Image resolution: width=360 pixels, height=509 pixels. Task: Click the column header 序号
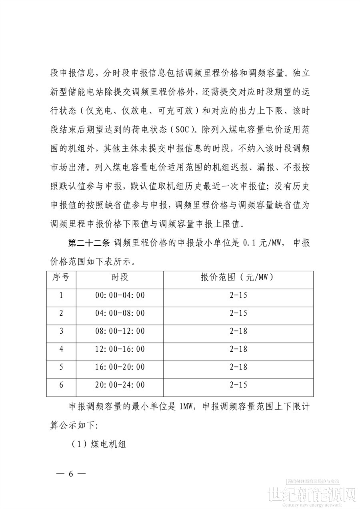(61, 278)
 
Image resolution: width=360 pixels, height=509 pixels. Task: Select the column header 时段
(120, 278)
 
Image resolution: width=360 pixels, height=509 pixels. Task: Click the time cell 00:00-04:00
(120, 296)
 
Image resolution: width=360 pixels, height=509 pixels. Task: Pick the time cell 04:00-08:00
(120, 313)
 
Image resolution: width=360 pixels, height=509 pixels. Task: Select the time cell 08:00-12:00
(120, 331)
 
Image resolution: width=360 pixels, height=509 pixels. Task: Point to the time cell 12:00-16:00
(120, 349)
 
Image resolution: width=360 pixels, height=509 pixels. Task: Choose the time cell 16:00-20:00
(120, 367)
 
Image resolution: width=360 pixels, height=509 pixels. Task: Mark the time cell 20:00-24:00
(120, 385)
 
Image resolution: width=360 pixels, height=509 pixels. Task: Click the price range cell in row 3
(239, 331)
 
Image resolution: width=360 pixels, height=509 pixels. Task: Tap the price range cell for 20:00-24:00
(239, 385)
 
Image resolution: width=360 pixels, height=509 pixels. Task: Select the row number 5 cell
(61, 367)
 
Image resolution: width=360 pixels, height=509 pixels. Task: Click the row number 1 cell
(61, 296)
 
